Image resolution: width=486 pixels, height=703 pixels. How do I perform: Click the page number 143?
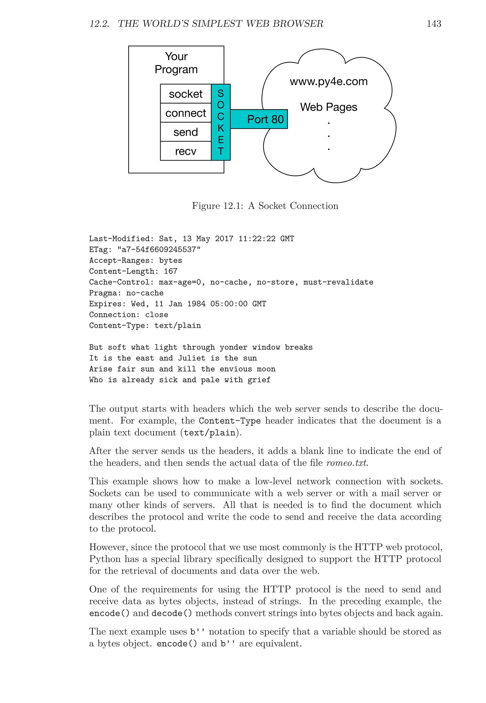(434, 24)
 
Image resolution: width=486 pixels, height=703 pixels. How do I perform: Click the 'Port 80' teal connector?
(265, 119)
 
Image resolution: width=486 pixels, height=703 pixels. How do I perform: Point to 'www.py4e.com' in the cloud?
(329, 82)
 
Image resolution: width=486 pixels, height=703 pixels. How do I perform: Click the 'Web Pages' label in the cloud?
(329, 107)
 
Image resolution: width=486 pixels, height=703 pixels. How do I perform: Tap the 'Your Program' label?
(176, 63)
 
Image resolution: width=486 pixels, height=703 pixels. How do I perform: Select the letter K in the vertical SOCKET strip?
(221, 128)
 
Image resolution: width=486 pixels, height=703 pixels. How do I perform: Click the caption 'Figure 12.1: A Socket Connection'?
(265, 206)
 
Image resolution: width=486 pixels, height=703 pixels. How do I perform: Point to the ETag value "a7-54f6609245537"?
(159, 250)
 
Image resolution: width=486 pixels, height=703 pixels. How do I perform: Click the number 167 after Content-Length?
(171, 271)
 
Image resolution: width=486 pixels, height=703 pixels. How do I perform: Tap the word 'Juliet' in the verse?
(192, 358)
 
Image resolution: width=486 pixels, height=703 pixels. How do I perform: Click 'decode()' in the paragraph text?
(172, 613)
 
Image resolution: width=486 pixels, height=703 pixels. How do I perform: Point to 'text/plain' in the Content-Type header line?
(178, 326)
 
